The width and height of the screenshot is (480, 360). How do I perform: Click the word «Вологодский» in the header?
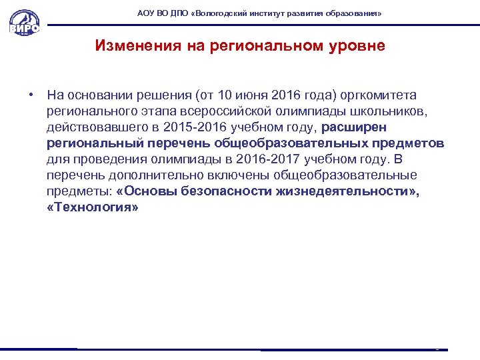click(x=220, y=13)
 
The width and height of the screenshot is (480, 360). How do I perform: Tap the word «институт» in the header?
click(x=268, y=13)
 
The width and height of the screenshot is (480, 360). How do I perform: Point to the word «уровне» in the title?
click(x=357, y=46)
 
